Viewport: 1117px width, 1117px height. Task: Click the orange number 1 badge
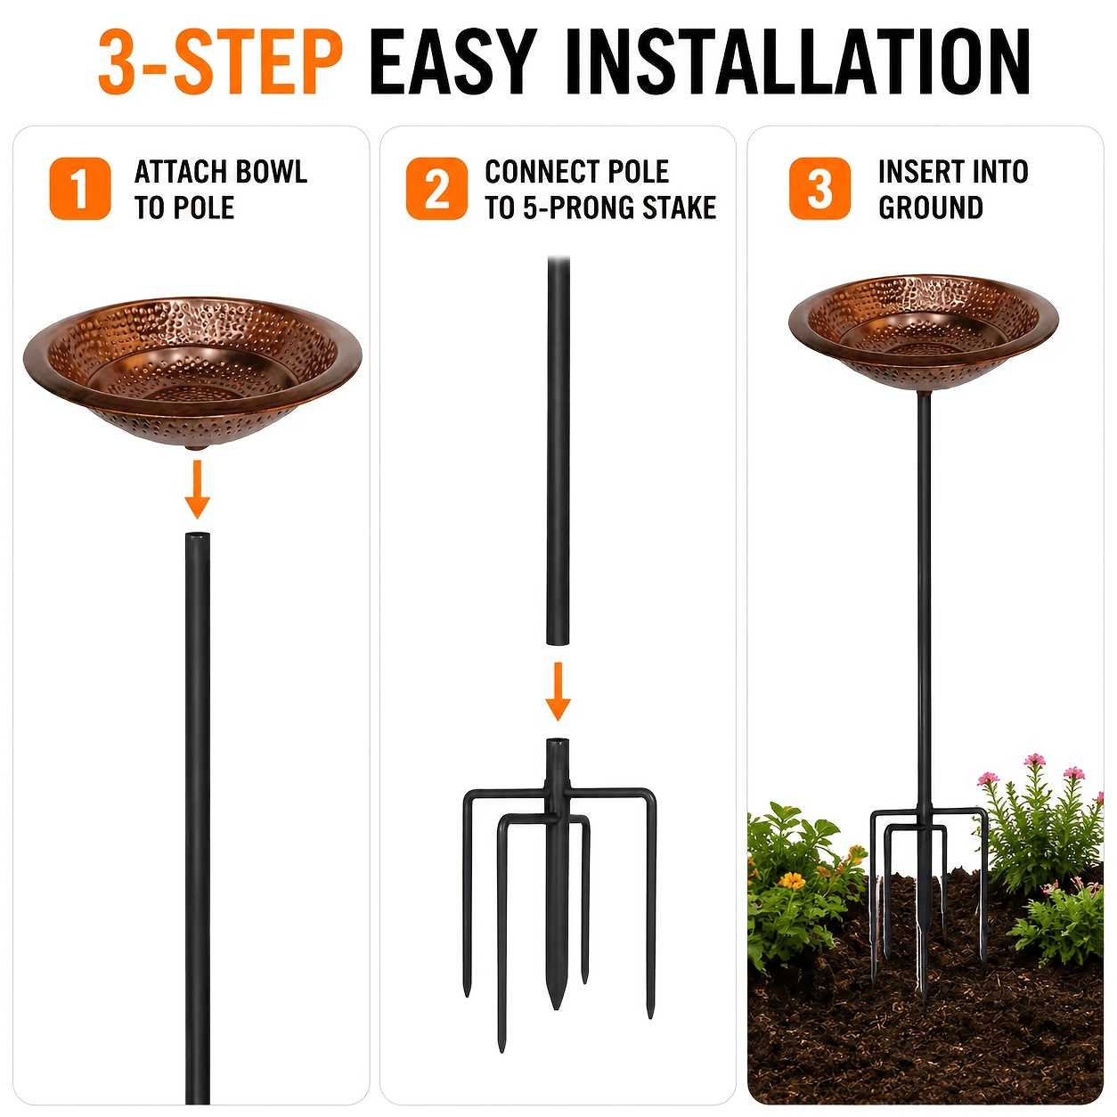click(80, 188)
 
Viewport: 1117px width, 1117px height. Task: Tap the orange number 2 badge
click(436, 188)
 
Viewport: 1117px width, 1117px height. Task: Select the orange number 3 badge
click(819, 188)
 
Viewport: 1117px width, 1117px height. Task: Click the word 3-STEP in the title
click(220, 61)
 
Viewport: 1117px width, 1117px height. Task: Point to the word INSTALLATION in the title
click(797, 61)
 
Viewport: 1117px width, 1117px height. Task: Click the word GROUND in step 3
click(931, 208)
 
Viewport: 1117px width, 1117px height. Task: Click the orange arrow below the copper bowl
click(197, 490)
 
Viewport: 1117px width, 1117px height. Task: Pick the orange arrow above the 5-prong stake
click(558, 691)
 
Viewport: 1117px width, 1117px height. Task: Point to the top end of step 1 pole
click(197, 534)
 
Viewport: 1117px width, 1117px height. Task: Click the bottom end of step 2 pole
click(558, 643)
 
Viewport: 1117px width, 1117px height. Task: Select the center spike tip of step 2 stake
click(557, 1009)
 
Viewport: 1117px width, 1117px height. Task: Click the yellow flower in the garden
click(792, 881)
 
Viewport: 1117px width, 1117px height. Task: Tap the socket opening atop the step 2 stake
click(558, 741)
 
